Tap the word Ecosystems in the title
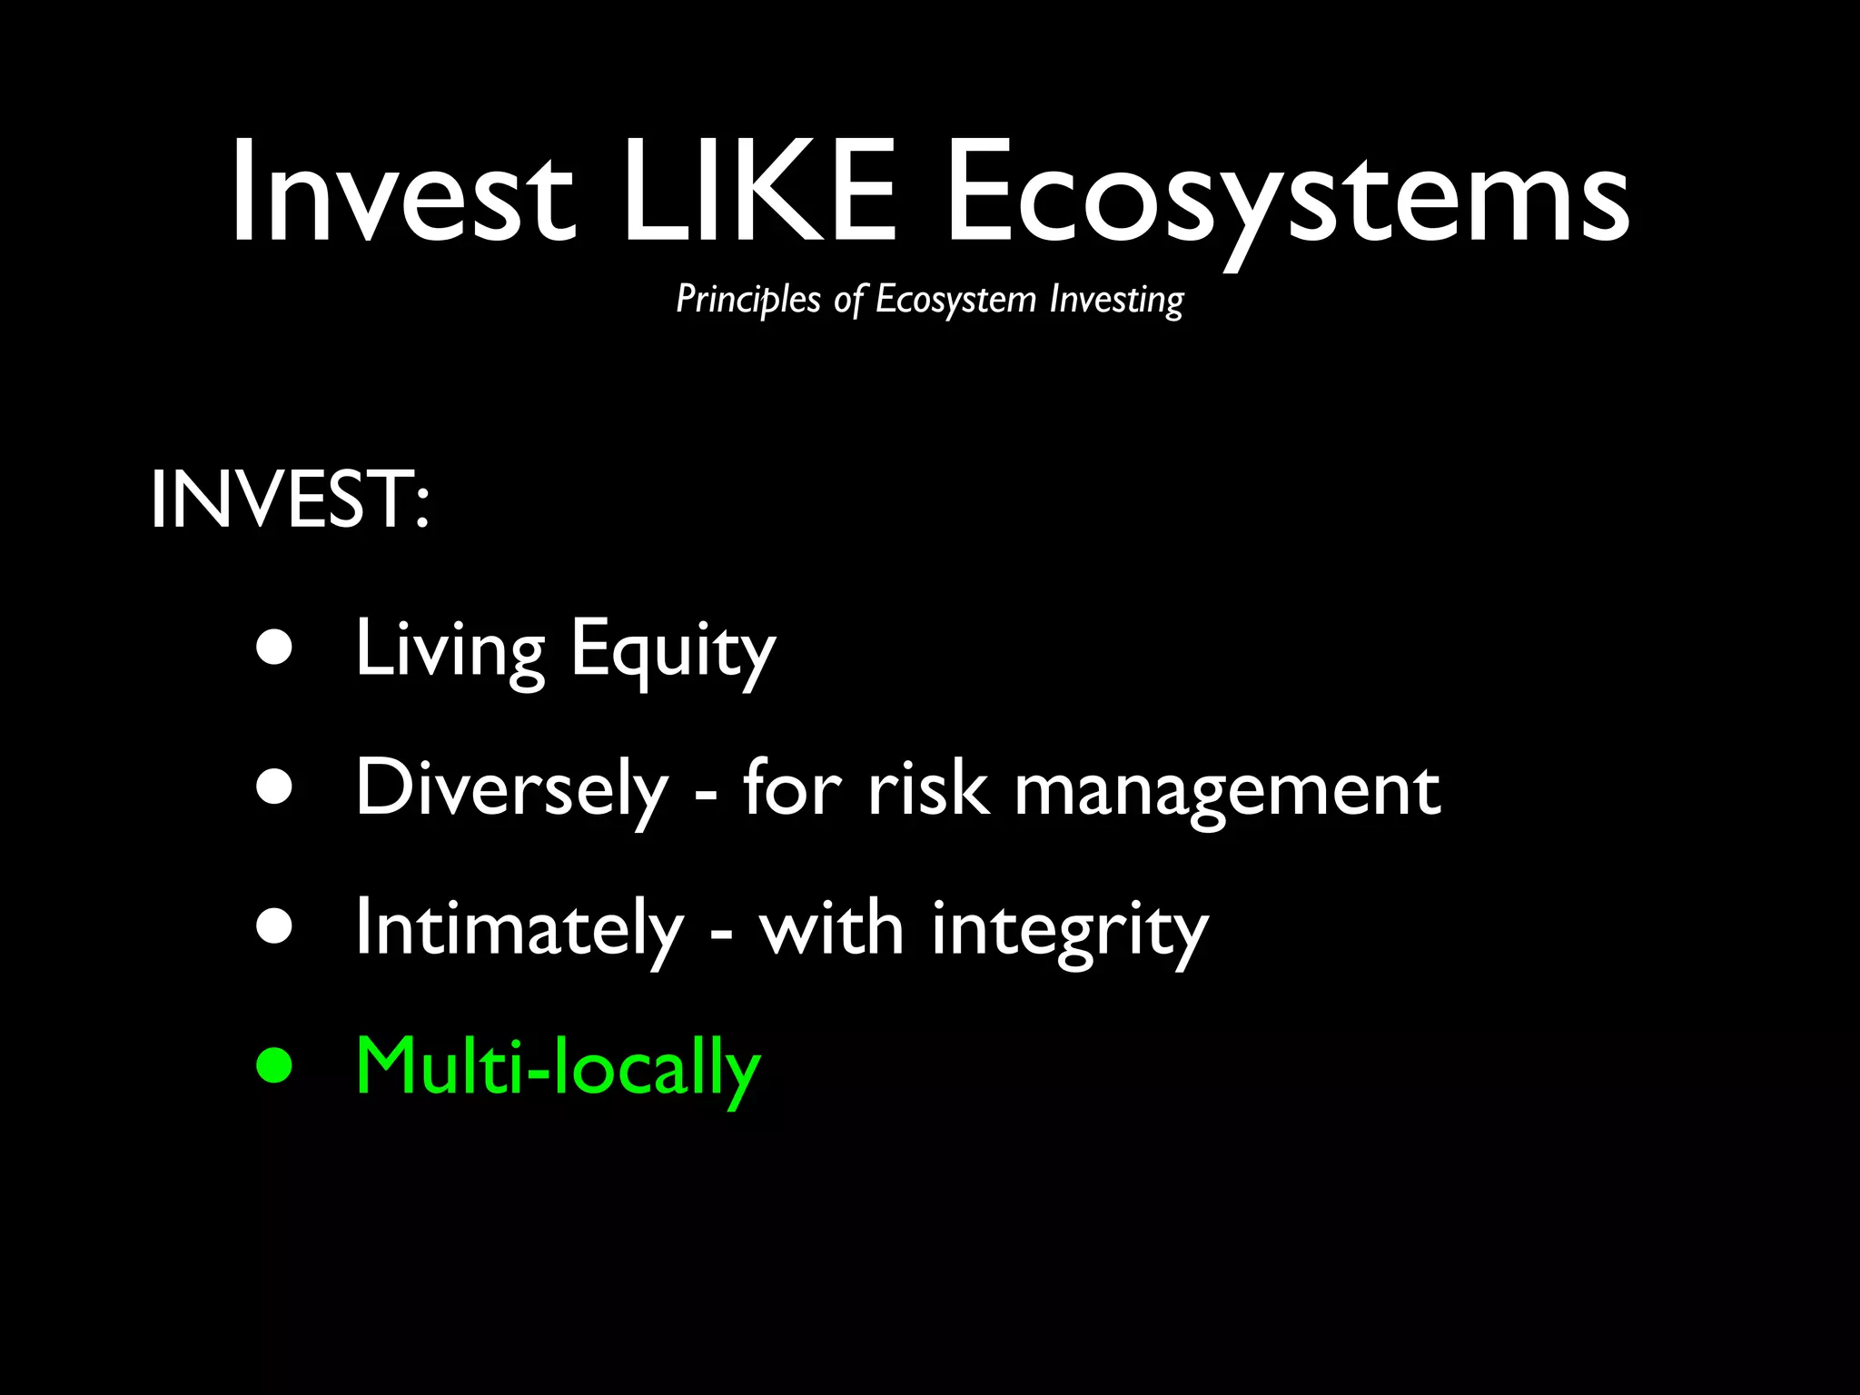[1287, 195]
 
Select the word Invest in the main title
[402, 193]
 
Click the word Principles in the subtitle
[748, 300]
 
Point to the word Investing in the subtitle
[1116, 300]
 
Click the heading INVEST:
[290, 500]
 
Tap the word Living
[450, 648]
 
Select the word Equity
[673, 648]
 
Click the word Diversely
[511, 788]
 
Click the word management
[1227, 790]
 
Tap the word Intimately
[519, 928]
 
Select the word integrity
[1070, 930]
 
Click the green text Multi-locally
[558, 1066]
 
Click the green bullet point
[274, 1065]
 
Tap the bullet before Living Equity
[274, 648]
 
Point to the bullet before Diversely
[274, 787]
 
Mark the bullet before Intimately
[274, 926]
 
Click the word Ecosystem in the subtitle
[955, 300]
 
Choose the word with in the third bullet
[831, 928]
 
